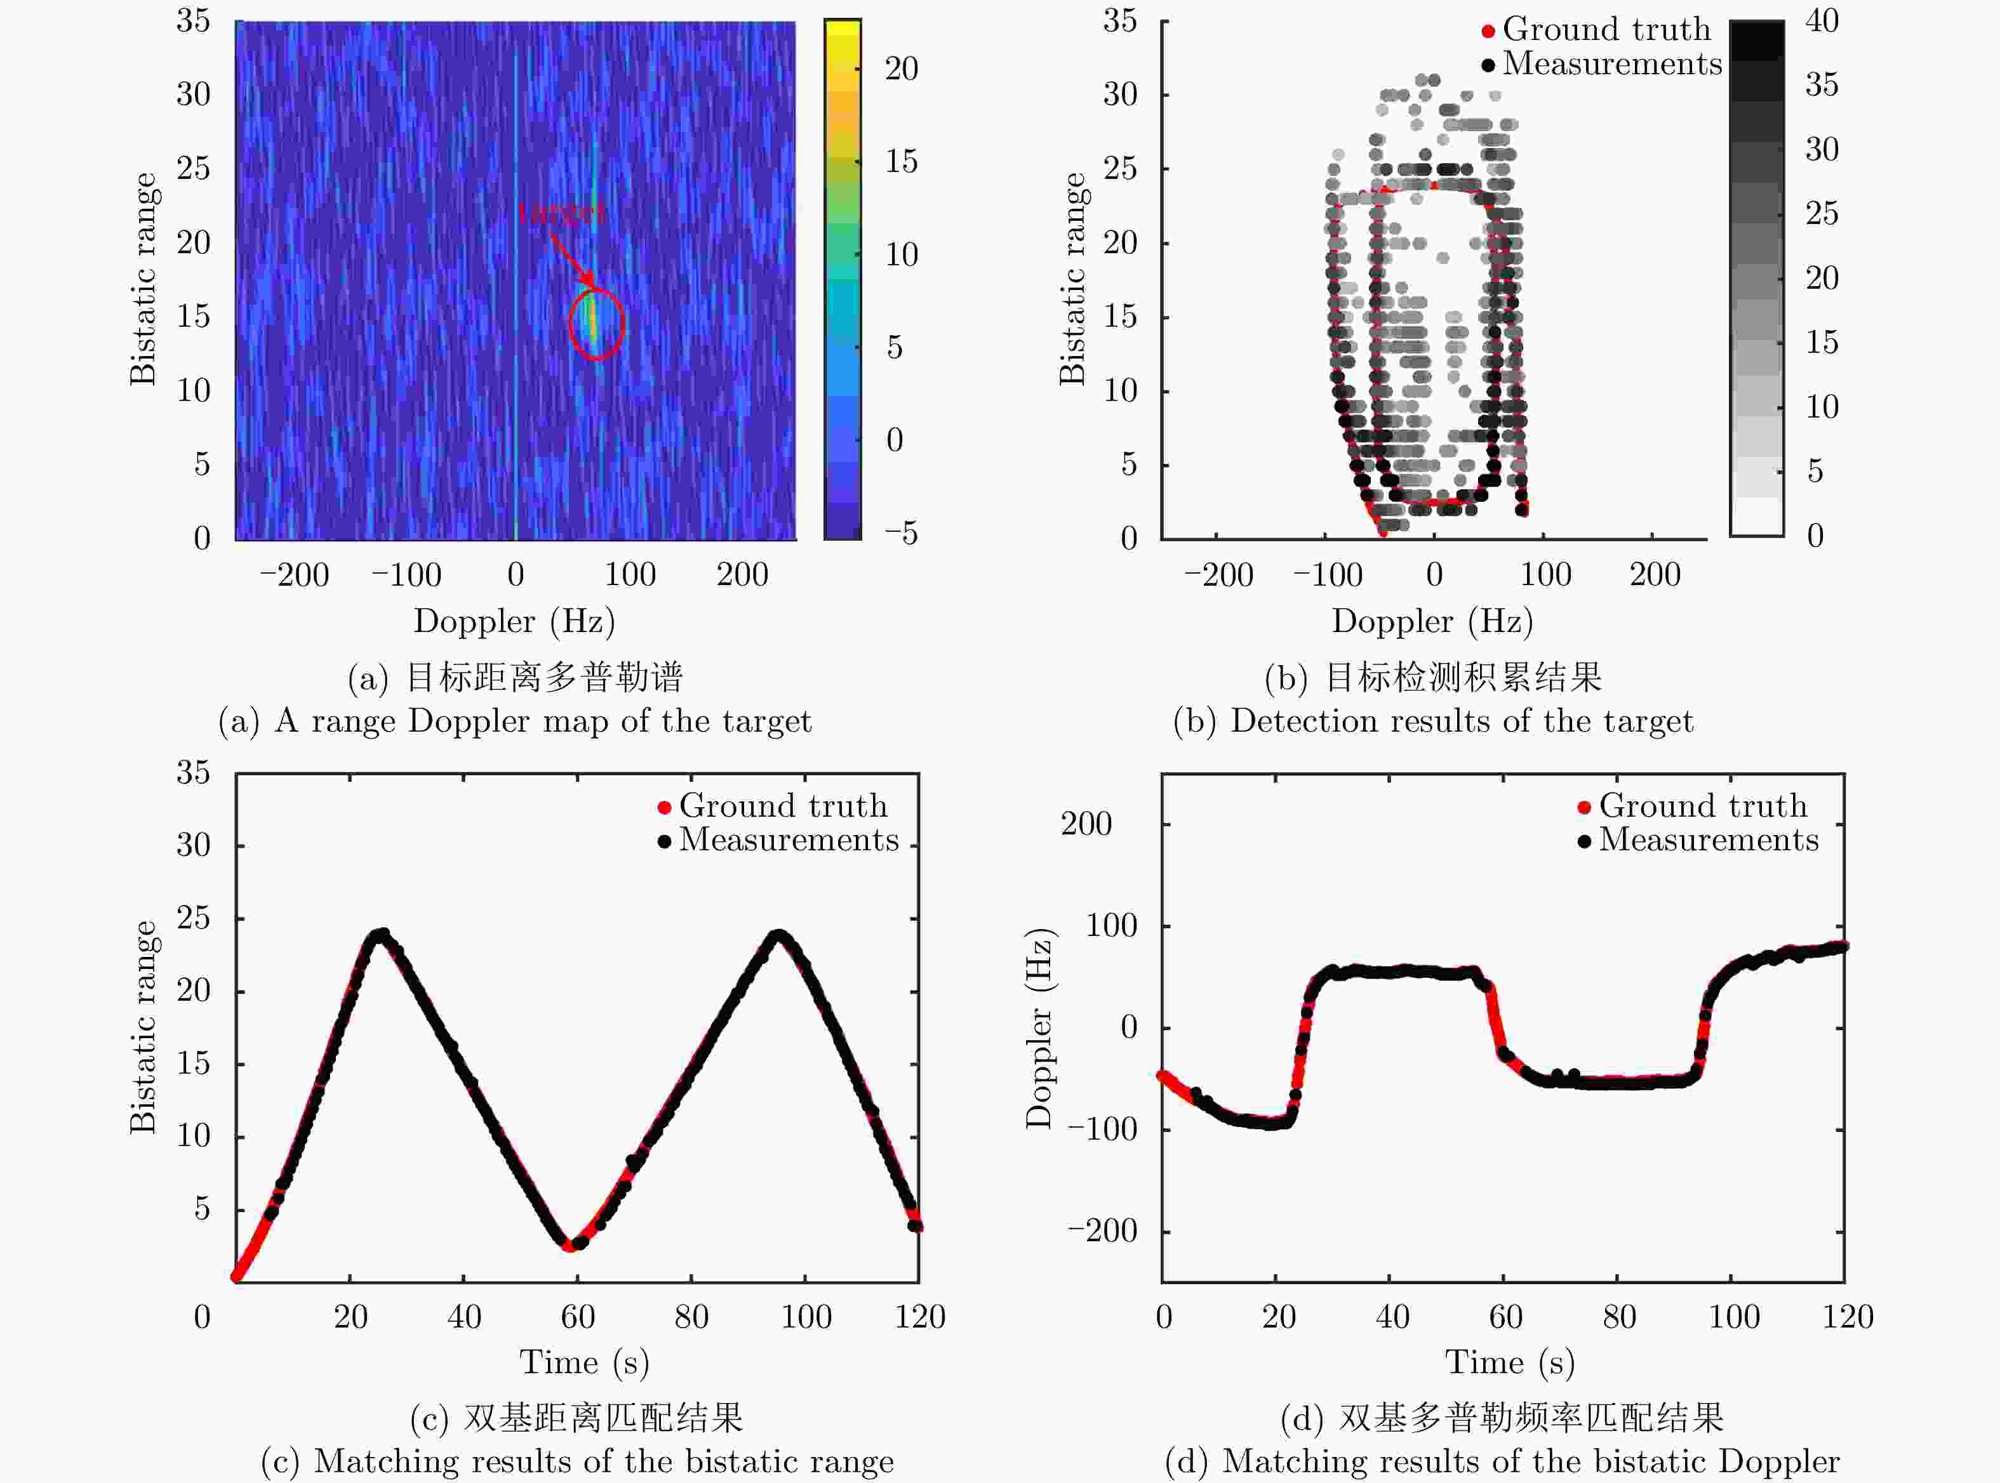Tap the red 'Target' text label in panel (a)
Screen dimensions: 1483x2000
(x=561, y=213)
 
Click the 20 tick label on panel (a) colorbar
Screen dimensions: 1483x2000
(x=901, y=69)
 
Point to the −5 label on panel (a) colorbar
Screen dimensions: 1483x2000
(x=901, y=533)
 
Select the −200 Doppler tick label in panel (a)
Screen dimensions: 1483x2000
(x=295, y=574)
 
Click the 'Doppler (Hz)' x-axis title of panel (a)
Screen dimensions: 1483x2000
(x=514, y=621)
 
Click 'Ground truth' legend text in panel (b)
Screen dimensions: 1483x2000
(x=1606, y=30)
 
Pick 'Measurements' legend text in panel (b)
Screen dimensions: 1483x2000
(x=1612, y=63)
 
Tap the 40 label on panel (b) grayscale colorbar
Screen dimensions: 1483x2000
(x=1822, y=21)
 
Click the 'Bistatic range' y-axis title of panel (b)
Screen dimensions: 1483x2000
(x=1072, y=279)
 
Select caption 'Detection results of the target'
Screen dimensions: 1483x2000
(x=1461, y=721)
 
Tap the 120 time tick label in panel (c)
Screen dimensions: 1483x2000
(x=919, y=1317)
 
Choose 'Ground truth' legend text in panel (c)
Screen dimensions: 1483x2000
(x=783, y=806)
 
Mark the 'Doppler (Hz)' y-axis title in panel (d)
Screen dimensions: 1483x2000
(x=1039, y=1028)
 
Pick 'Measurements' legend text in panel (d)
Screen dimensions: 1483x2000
(x=1708, y=840)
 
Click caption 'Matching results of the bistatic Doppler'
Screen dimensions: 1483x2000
(x=1531, y=1461)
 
